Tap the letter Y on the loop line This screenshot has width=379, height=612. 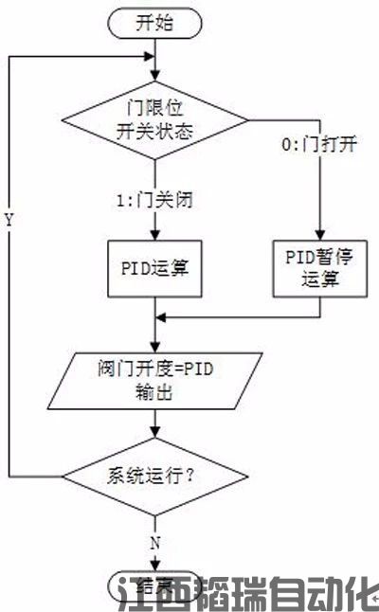pyautogui.click(x=9, y=220)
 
